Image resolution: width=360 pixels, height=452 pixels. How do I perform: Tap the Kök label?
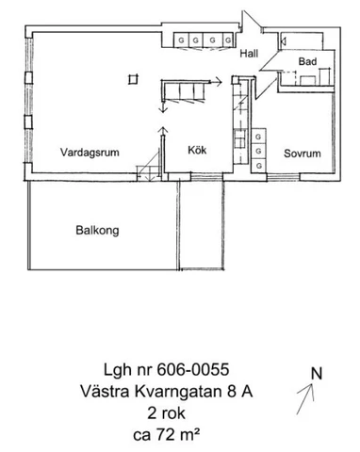[196, 150]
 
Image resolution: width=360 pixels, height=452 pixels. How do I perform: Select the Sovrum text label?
[302, 153]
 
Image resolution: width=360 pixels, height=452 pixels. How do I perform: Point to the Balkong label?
[97, 229]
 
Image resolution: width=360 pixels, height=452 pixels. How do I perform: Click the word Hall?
[249, 54]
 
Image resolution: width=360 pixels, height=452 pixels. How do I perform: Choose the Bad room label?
[305, 62]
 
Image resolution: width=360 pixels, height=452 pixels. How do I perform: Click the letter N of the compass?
[318, 374]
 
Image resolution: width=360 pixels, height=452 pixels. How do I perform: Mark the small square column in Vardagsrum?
[134, 77]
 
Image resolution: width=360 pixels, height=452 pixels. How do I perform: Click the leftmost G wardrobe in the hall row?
[181, 40]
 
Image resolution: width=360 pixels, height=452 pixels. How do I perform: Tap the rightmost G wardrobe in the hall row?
[226, 40]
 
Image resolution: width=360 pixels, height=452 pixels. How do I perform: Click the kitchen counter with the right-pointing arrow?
[188, 90]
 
